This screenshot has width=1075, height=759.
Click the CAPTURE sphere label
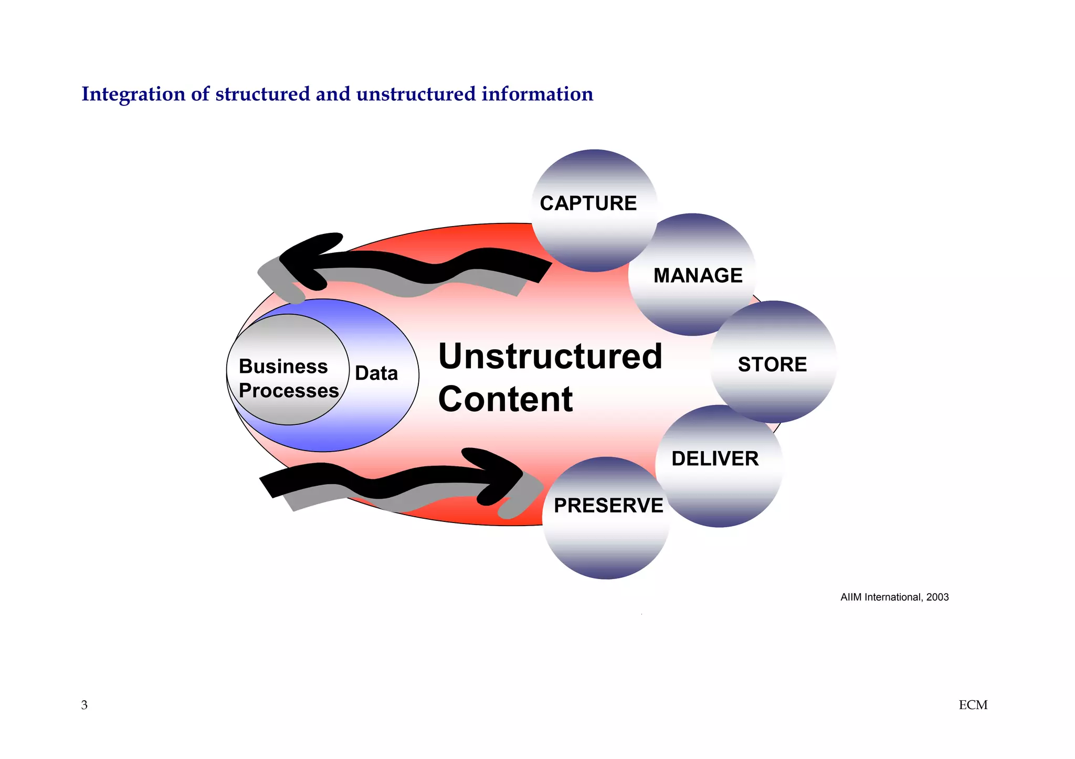588,204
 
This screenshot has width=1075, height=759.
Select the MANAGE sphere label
698,275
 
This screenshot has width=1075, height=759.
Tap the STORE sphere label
772,365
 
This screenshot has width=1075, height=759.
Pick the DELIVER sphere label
715,458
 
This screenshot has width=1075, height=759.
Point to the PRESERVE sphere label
608,506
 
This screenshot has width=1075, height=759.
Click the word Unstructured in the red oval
550,357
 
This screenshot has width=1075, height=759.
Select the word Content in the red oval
505,399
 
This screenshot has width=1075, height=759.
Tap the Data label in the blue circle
376,373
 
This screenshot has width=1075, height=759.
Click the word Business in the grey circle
283,367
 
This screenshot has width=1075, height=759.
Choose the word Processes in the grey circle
289,391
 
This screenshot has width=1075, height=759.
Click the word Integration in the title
133,94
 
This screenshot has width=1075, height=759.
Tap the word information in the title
537,94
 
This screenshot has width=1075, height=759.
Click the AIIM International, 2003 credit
894,597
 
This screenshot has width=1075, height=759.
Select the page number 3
85,705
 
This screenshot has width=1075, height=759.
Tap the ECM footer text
973,705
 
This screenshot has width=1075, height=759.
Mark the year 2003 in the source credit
937,597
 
